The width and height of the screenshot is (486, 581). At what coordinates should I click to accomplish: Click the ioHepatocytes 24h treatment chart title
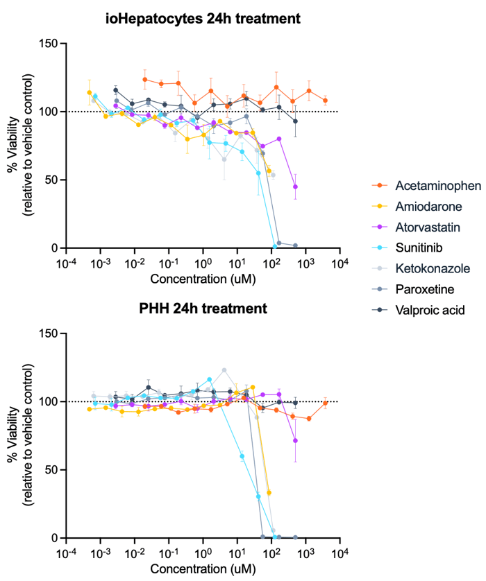203,19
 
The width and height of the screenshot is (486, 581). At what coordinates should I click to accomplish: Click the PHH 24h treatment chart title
203,309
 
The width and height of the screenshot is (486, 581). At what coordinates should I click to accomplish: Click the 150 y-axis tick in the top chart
49,44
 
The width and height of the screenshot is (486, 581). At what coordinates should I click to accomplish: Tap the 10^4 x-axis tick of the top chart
340,263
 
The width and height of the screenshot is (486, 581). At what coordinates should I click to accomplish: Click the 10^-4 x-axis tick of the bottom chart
67,553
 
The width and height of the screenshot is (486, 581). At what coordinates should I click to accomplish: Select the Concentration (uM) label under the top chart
203,279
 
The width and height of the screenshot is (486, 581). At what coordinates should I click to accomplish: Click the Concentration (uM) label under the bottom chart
203,569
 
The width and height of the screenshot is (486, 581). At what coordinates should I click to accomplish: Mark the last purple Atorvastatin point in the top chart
295,187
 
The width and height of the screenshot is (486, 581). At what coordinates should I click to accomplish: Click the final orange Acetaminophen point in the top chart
326,101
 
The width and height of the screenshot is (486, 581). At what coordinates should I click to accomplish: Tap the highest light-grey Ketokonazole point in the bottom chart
224,370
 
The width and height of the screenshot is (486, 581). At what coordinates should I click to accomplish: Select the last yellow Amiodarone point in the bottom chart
269,493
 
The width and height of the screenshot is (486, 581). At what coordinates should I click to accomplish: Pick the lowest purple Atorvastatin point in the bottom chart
295,440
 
